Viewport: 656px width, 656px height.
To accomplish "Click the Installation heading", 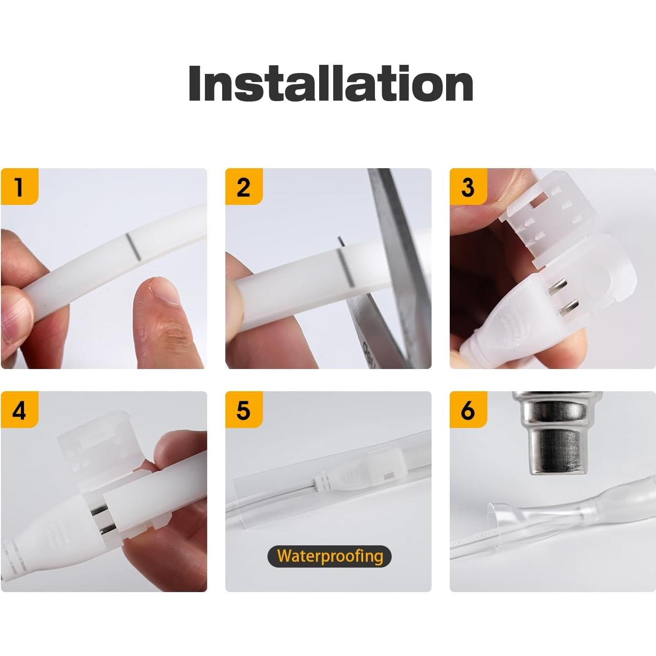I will point(330,84).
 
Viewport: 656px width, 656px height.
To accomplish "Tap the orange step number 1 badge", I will point(19,186).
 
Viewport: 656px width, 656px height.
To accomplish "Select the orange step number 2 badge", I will point(243,186).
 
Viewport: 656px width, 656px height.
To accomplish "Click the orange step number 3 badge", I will point(468,186).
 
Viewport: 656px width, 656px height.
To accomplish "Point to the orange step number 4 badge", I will point(19,410).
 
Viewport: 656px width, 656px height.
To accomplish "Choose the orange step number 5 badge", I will point(243,410).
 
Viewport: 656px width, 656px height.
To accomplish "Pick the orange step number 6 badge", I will point(468,410).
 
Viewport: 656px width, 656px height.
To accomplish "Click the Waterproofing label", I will point(330,556).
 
